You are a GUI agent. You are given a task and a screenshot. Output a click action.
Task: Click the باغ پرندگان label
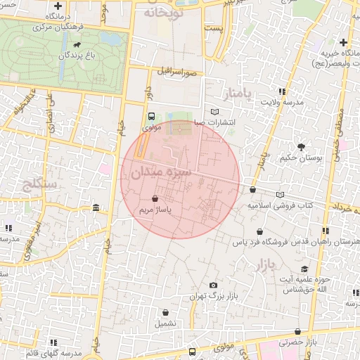click(77, 54)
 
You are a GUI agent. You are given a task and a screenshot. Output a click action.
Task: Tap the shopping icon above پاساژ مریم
click(155, 200)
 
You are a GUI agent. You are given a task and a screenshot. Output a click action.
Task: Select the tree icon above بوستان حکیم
click(301, 146)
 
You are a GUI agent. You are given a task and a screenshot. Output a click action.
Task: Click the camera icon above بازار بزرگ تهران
click(213, 285)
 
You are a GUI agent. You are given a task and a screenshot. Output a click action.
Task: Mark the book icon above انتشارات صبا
click(214, 112)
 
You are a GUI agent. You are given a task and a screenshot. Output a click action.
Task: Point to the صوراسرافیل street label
click(182, 72)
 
